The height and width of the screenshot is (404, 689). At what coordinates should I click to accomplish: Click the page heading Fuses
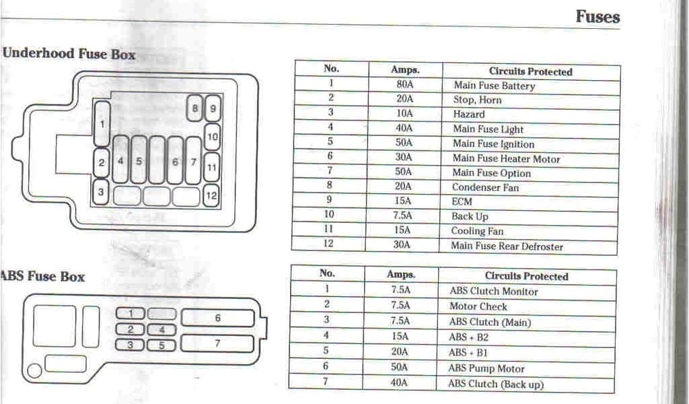pos(597,17)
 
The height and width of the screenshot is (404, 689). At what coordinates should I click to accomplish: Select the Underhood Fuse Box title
pos(69,55)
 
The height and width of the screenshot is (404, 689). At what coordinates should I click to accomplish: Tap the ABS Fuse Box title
pos(43,277)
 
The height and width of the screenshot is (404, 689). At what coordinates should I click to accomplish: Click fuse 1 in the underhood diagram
pos(102,124)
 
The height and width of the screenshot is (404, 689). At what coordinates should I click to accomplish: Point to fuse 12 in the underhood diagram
pos(211,196)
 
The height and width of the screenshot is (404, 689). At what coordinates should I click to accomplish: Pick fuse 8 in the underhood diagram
pos(194,108)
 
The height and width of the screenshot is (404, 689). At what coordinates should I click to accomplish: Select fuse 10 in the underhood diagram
pos(212,137)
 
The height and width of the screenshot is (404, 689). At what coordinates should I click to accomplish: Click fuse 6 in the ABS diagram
pos(217,318)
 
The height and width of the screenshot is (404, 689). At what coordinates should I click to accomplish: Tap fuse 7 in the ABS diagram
pos(217,343)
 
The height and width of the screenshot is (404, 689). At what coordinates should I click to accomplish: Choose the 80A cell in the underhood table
pos(405,85)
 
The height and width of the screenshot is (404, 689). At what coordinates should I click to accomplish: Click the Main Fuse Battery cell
pos(494,86)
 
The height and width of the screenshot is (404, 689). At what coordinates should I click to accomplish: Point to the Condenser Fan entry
pos(485,188)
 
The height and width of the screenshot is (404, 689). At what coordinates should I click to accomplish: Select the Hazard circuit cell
pos(469,114)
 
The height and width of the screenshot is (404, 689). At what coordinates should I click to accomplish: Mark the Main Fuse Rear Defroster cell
pos(507,246)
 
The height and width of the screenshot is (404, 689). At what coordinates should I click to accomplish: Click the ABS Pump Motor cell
pos(486,369)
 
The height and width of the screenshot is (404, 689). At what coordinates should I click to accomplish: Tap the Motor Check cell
pos(478,307)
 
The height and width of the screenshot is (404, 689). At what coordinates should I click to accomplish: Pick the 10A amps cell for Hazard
pos(404,114)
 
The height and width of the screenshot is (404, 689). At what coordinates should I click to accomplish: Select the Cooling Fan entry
pos(477,232)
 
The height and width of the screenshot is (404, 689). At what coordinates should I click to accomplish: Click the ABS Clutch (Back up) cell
pos(496,384)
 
